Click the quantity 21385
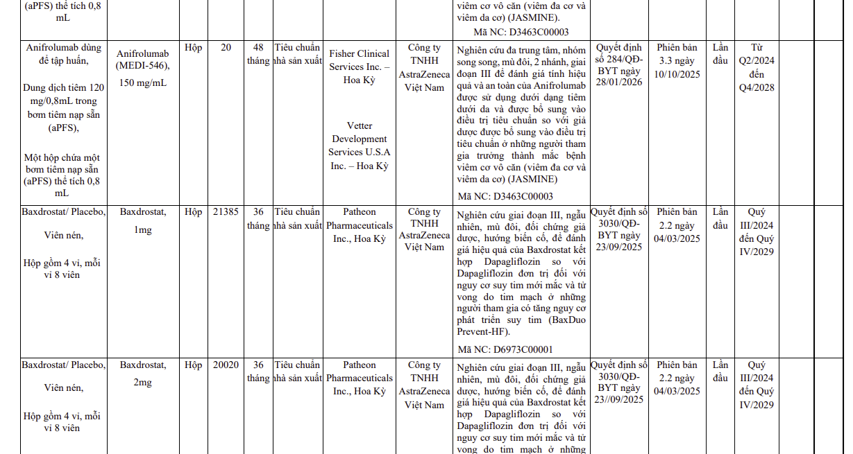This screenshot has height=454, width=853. coord(226,212)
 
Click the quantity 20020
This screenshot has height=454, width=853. coord(226,365)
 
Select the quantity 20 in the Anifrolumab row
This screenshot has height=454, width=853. coord(226,48)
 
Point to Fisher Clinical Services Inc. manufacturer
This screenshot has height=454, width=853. coord(359,67)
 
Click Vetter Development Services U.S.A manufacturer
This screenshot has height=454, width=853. coord(359,146)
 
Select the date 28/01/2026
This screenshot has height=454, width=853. coord(618,82)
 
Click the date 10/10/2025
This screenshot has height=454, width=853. coord(677,74)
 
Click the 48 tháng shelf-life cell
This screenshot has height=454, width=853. coord(258,54)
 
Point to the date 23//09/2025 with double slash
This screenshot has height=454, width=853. coord(619,401)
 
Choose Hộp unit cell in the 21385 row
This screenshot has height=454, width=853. coord(194,212)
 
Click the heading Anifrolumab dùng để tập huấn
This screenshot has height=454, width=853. coord(63,54)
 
